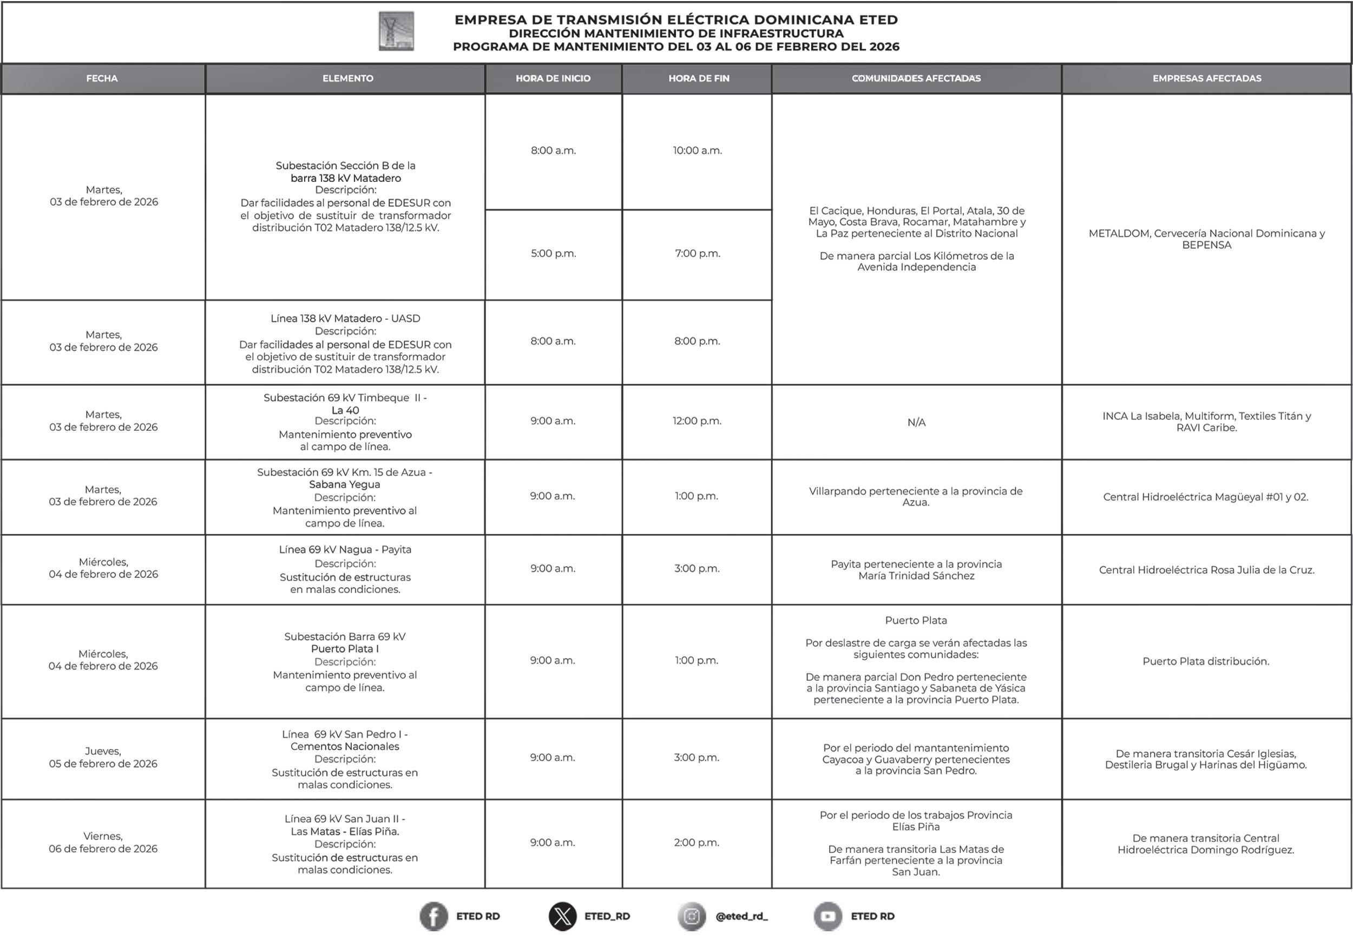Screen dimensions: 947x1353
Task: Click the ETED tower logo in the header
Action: click(396, 31)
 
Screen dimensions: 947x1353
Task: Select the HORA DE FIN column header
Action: click(698, 78)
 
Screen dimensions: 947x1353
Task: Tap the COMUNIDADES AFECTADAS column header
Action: click(916, 78)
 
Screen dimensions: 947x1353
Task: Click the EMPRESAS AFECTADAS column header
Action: click(1206, 78)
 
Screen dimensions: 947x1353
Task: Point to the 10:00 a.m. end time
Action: click(697, 151)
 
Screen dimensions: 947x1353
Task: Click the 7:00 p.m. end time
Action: click(697, 253)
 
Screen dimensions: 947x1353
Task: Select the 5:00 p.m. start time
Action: click(553, 253)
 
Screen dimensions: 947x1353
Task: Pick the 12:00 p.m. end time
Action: click(697, 422)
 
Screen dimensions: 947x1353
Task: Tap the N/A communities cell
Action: click(916, 423)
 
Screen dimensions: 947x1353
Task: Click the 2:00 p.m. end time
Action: click(697, 843)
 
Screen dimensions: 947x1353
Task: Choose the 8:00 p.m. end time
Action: click(697, 341)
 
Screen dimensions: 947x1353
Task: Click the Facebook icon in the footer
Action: click(433, 916)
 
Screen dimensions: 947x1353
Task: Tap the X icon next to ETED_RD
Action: click(562, 916)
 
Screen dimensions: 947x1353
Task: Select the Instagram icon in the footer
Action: click(692, 916)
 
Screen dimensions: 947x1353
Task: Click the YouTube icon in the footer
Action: click(827, 916)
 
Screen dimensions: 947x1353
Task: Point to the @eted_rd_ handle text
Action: click(741, 917)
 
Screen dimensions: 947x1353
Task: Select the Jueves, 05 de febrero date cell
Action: click(103, 757)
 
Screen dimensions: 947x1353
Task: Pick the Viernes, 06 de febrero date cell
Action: click(103, 843)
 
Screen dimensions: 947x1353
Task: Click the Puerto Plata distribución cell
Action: click(1206, 662)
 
